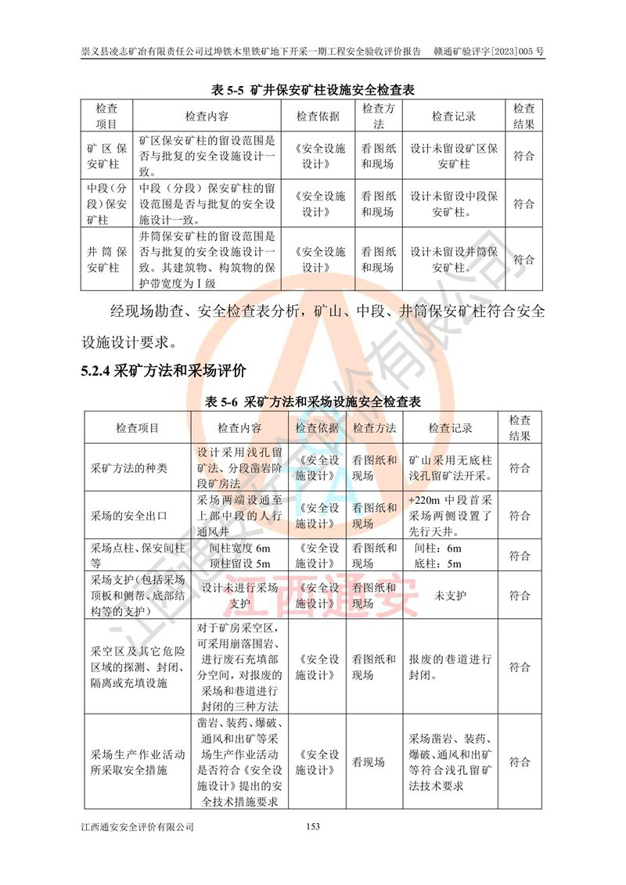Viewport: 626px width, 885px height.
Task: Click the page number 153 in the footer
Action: [314, 826]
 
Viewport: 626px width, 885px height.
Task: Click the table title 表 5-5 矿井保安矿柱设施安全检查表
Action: [313, 90]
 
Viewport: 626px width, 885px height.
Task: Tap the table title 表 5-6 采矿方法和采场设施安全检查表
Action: [313, 402]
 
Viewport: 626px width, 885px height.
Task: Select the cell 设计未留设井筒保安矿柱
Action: [454, 260]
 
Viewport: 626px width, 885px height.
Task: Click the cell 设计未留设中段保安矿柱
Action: [454, 204]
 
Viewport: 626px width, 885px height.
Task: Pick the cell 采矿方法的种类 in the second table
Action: [130, 469]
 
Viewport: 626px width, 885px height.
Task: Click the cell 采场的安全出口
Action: [130, 516]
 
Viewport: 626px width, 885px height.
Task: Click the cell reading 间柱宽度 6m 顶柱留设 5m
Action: [240, 556]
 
